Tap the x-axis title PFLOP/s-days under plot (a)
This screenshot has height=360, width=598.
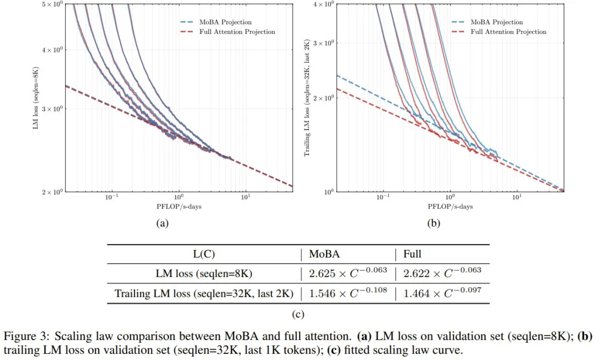[x=179, y=207]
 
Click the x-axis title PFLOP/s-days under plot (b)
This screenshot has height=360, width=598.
[x=450, y=207]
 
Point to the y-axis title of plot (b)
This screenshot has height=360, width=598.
[x=308, y=97]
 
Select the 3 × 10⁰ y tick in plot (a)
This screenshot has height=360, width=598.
[x=55, y=109]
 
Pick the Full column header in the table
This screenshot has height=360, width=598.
[x=413, y=254]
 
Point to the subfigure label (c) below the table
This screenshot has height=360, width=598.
[x=298, y=314]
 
